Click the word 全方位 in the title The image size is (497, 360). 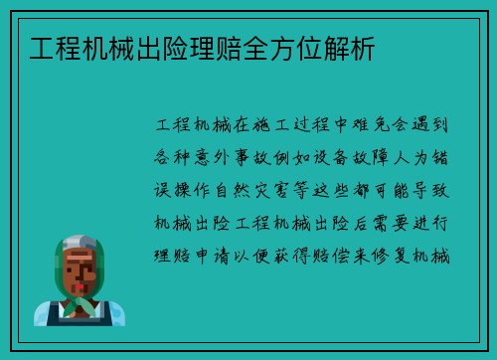pyautogui.click(x=271, y=47)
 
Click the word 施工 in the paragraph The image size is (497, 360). pyautogui.click(x=274, y=127)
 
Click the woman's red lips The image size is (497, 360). pyautogui.click(x=79, y=281)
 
